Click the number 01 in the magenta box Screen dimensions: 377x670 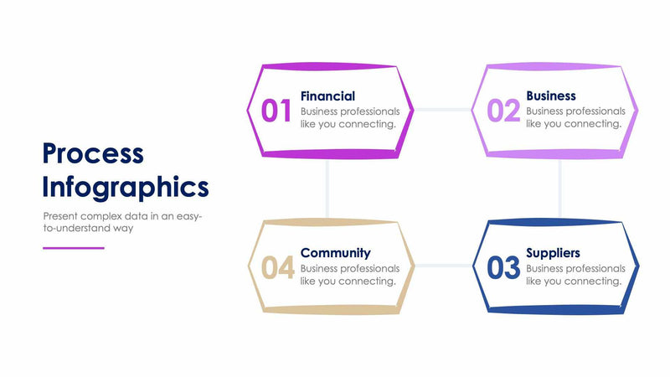pyautogui.click(x=276, y=111)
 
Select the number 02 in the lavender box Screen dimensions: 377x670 pyautogui.click(x=503, y=111)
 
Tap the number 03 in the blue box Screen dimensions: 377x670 pyautogui.click(x=503, y=268)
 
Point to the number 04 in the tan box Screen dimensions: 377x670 pyautogui.click(x=277, y=268)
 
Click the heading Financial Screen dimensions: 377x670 pyautogui.click(x=327, y=96)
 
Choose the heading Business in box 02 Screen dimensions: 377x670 pyautogui.click(x=550, y=96)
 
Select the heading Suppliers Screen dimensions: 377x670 pyautogui.click(x=553, y=252)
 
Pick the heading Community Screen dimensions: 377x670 pyautogui.click(x=335, y=252)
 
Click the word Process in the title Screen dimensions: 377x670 pyautogui.click(x=93, y=154)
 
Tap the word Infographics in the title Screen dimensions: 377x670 pyautogui.click(x=126, y=186)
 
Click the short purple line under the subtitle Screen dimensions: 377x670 pyautogui.click(x=74, y=248)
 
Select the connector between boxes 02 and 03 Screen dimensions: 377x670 pyautogui.click(x=559, y=188)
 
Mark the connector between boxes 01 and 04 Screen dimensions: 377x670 pyautogui.click(x=327, y=188)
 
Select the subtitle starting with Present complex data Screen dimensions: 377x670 pyautogui.click(x=122, y=221)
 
